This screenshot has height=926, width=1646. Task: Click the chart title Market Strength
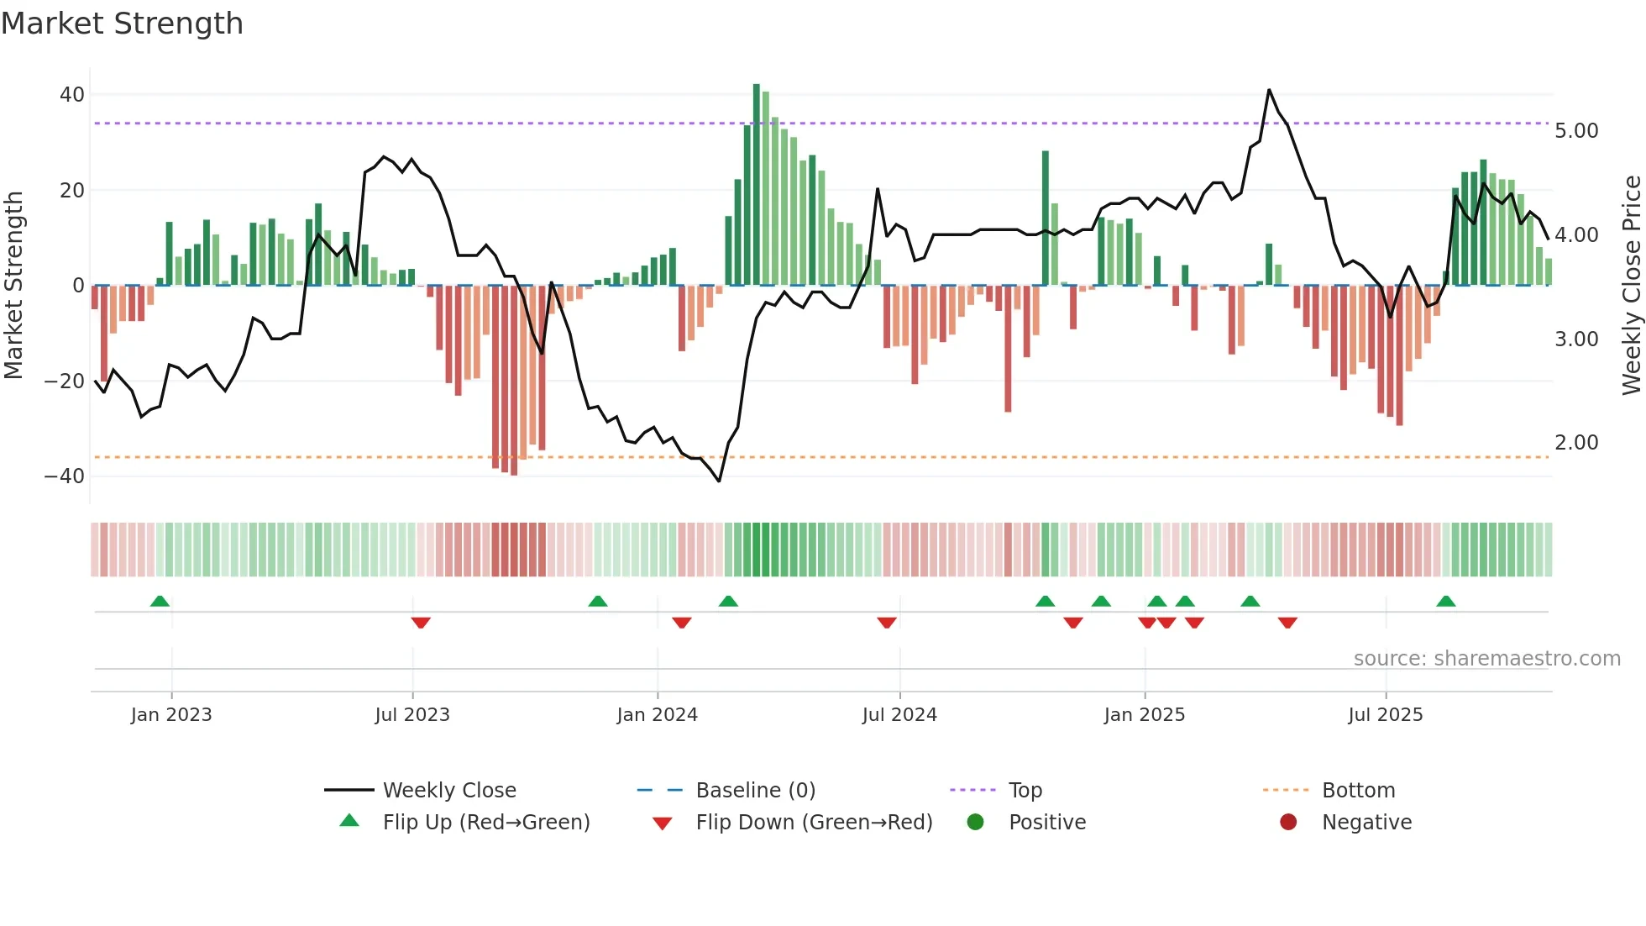[122, 24]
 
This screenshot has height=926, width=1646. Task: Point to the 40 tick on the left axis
[71, 95]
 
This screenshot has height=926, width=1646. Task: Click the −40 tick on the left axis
[65, 476]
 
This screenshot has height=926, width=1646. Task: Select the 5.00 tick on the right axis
[1576, 131]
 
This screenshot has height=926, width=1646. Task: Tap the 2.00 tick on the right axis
[1576, 443]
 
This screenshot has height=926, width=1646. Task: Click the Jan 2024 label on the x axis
[657, 715]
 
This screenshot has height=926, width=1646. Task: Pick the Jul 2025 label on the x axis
[1385, 715]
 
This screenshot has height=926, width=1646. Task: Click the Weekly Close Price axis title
[1631, 286]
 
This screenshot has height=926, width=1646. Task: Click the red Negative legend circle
[1287, 823]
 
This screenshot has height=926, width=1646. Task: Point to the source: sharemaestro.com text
[1486, 659]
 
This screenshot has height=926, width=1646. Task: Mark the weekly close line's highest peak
[1269, 90]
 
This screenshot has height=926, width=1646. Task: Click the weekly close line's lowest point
[719, 481]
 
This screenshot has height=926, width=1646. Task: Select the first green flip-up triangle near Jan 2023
[160, 601]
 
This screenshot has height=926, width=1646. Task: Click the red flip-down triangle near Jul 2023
[421, 623]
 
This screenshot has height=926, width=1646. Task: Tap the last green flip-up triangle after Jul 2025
[1445, 601]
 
